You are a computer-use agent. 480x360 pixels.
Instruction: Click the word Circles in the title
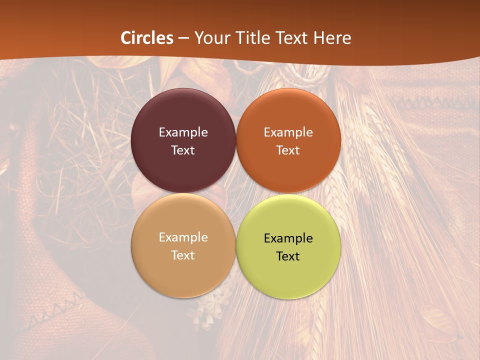[147, 38]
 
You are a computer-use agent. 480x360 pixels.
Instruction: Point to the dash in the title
[184, 38]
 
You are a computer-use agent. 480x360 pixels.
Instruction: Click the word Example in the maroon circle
[183, 132]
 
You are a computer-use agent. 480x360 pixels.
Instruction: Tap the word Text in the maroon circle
[183, 150]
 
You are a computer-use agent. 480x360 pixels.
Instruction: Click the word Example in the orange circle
[288, 132]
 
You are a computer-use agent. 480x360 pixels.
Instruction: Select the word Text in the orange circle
[288, 150]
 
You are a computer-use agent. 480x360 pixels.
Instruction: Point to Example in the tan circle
[183, 237]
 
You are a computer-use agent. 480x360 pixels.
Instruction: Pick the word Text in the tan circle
[183, 255]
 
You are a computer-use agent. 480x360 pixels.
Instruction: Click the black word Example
[288, 238]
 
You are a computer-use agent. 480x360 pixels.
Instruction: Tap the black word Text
[288, 256]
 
